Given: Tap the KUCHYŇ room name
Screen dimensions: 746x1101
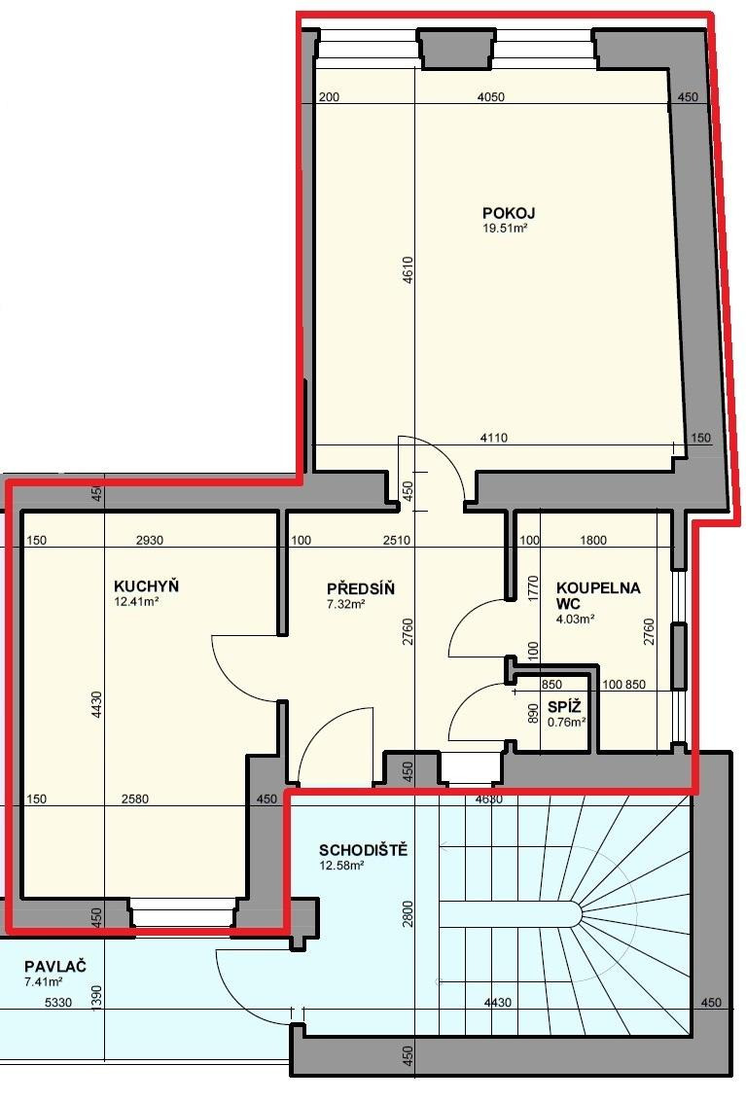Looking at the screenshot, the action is (146, 586).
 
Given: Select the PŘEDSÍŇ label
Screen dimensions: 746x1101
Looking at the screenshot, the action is (361, 588).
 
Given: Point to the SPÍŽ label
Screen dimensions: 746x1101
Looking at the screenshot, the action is (564, 706).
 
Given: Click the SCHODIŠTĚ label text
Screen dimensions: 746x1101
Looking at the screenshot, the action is (363, 850).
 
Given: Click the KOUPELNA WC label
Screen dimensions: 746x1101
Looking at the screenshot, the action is (598, 595).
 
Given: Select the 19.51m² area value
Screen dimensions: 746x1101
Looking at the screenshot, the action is (505, 229).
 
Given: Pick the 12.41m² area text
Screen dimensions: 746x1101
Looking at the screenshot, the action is (136, 601).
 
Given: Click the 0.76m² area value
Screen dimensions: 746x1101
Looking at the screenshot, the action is (567, 721).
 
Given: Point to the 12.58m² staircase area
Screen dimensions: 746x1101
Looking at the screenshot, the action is (341, 865).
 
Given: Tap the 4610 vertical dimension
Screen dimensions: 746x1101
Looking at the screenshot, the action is (409, 270).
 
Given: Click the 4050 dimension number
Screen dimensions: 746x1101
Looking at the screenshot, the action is (491, 97).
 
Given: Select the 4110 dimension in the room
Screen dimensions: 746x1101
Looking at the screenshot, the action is (494, 438).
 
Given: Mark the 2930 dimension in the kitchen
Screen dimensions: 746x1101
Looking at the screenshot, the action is (150, 540).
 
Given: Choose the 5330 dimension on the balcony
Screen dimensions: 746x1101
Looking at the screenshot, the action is (58, 1002).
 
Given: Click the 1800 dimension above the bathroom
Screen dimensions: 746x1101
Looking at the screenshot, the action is (593, 540).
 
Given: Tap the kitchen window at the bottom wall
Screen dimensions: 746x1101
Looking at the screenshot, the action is (183, 915).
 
